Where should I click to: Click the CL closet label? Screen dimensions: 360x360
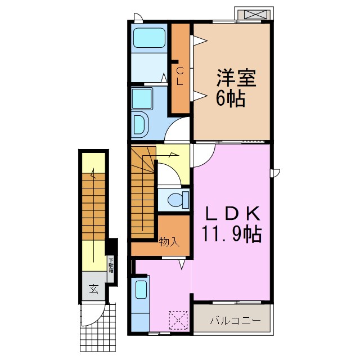(179, 75)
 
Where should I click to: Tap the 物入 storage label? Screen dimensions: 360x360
(169, 242)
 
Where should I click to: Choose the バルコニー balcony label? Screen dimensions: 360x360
(235, 321)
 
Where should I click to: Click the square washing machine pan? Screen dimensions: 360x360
(143, 99)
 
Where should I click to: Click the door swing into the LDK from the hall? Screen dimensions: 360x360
(202, 154)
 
